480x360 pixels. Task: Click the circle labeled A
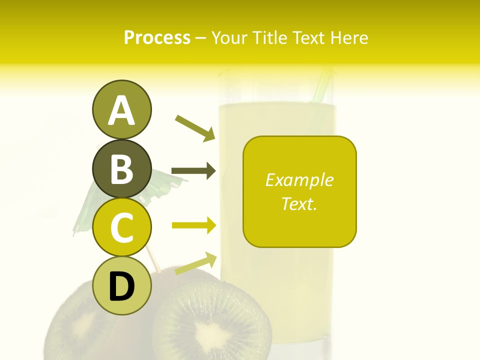point(121,109)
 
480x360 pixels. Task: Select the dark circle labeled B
point(121,168)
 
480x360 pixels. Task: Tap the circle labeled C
point(121,227)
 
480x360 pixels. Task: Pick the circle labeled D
point(121,285)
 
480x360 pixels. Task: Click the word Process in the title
point(157,37)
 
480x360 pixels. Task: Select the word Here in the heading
point(348,37)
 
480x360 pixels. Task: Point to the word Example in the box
point(299,180)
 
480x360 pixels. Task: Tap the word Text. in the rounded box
point(299,203)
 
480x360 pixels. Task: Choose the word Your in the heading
point(230,37)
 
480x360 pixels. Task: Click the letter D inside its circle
point(121,286)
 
